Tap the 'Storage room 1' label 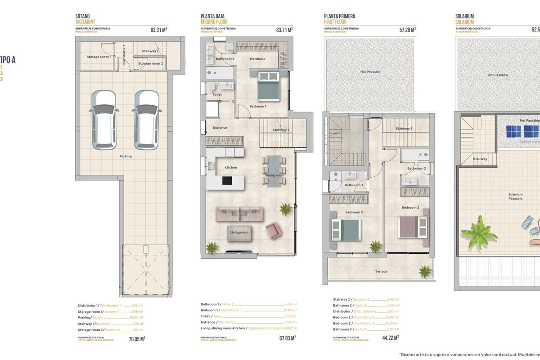[99, 57]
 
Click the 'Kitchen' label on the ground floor [230, 167]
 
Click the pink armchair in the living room [273, 231]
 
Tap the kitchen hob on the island [227, 181]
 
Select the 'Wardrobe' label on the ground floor [257, 59]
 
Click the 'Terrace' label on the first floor [381, 271]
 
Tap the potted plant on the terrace [424, 271]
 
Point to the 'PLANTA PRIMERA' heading [339, 16]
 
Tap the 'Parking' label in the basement [126, 156]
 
